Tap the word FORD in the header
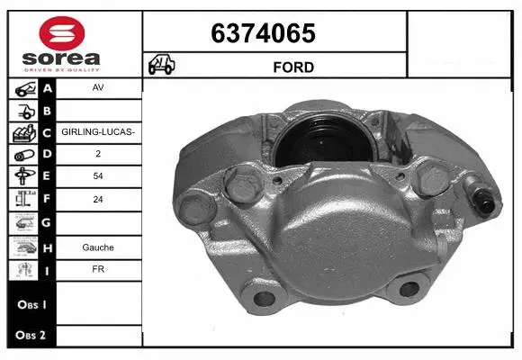point(293,67)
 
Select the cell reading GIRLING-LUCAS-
point(97,132)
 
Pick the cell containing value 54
point(97,176)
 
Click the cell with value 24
point(97,199)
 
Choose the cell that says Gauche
point(97,247)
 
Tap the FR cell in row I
point(97,268)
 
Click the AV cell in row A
point(97,88)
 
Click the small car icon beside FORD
point(161,66)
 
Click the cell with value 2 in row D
point(97,155)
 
